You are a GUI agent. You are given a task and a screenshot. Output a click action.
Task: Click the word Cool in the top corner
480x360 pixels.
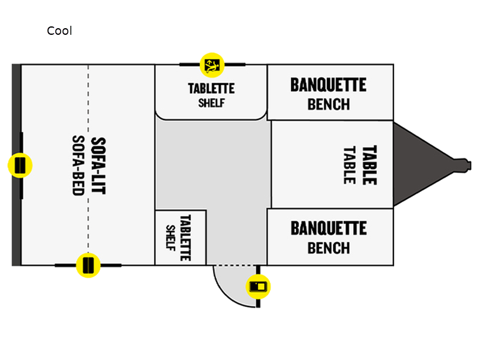pyautogui.click(x=59, y=31)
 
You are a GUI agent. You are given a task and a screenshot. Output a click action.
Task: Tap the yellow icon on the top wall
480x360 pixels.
pyautogui.click(x=211, y=64)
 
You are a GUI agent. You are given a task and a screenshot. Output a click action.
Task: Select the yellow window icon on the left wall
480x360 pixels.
pyautogui.click(x=20, y=164)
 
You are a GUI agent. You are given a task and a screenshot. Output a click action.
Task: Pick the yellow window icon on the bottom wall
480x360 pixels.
pyautogui.click(x=88, y=265)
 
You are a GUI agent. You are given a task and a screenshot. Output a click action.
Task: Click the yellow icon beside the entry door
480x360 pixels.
pyautogui.click(x=259, y=286)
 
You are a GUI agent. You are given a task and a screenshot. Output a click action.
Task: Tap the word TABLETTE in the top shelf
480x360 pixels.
pyautogui.click(x=211, y=88)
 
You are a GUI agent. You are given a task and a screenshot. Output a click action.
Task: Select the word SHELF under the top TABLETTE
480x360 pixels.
pyautogui.click(x=211, y=102)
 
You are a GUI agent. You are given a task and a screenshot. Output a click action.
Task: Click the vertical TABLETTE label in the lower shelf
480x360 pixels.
pyautogui.click(x=185, y=237)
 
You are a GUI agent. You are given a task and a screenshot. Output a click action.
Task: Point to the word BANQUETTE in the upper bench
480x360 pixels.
pyautogui.click(x=328, y=85)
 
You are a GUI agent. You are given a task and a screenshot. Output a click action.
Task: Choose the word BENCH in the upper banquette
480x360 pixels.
pyautogui.click(x=328, y=104)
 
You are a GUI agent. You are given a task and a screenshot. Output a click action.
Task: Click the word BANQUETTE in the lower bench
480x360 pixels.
pyautogui.click(x=328, y=228)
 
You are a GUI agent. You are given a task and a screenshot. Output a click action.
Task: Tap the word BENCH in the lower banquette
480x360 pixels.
pyautogui.click(x=328, y=247)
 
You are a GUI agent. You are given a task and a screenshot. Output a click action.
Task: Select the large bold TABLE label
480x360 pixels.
pyautogui.click(x=368, y=165)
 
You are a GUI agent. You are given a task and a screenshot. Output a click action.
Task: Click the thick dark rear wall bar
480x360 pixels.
pyautogui.click(x=16, y=108)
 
